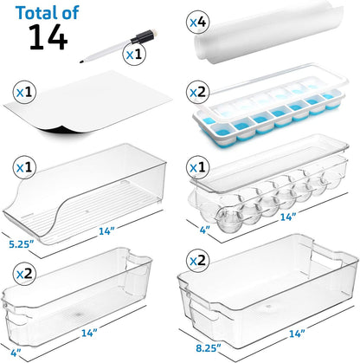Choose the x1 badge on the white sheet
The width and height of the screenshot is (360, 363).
(23, 88)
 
